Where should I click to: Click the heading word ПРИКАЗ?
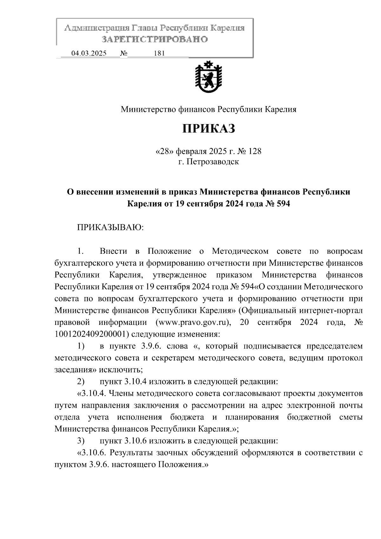click(x=209, y=128)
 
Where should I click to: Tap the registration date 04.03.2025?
click(x=89, y=53)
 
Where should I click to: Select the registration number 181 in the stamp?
click(x=159, y=53)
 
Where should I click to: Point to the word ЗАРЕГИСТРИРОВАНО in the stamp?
click(x=155, y=40)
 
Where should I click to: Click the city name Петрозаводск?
click(x=213, y=162)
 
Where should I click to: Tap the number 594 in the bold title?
click(x=282, y=204)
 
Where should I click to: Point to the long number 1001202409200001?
click(x=92, y=334)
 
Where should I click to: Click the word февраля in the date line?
click(x=190, y=151)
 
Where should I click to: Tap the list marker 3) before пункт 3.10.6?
click(x=81, y=441)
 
